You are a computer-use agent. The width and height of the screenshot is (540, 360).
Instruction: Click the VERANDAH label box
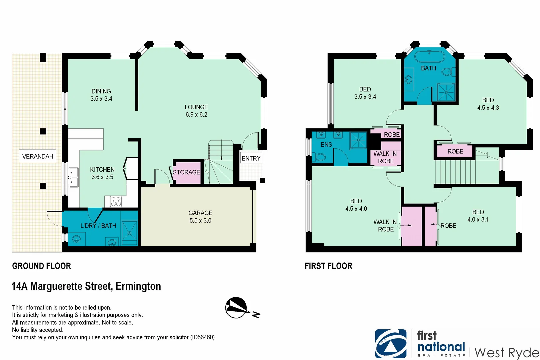(37, 156)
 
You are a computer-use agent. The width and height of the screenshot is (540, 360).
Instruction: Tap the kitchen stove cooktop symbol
(116, 201)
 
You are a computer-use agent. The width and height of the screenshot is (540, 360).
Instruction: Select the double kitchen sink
(73, 177)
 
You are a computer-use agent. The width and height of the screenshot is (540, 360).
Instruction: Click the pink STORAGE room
(187, 172)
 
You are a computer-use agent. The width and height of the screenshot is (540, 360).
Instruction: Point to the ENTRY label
(251, 158)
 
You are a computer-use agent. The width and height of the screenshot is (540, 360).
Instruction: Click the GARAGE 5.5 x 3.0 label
(200, 217)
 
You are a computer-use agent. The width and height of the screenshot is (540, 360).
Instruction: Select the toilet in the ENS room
(320, 157)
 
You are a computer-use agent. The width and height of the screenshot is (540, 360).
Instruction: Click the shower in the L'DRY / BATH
(129, 230)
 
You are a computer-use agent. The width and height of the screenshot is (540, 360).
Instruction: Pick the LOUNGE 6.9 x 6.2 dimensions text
(196, 115)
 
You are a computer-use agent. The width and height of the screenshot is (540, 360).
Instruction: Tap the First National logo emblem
(391, 344)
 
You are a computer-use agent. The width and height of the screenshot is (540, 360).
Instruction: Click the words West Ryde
(506, 352)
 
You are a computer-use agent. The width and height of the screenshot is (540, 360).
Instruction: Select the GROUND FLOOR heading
(41, 266)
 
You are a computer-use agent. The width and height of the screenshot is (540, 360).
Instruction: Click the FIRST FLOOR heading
(328, 266)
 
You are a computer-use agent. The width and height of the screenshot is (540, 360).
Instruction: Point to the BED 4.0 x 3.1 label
(478, 216)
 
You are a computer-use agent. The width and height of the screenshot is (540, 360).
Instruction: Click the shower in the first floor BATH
(446, 92)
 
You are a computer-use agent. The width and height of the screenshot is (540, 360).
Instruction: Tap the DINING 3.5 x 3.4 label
(101, 95)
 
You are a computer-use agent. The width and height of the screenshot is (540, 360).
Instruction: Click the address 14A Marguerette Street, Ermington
(86, 286)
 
